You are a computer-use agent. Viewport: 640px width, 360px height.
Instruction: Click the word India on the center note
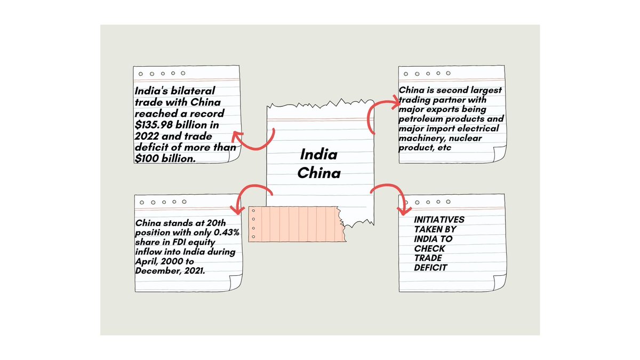click(319, 155)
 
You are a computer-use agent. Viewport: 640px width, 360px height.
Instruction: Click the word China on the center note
click(319, 173)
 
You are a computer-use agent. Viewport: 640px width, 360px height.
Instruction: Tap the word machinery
click(421, 138)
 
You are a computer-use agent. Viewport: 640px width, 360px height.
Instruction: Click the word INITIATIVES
click(439, 219)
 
